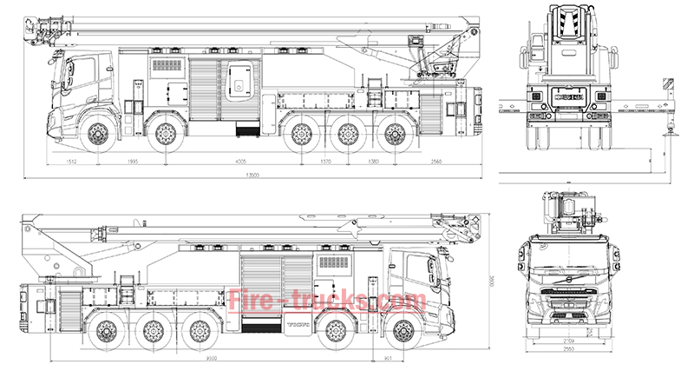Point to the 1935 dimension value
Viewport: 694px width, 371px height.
[x=133, y=162]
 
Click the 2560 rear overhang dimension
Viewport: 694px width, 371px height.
[x=436, y=162]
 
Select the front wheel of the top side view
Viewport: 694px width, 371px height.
[x=96, y=134]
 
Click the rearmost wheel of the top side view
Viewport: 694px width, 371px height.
[x=395, y=134]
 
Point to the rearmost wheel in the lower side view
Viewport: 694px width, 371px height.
[x=108, y=331]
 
